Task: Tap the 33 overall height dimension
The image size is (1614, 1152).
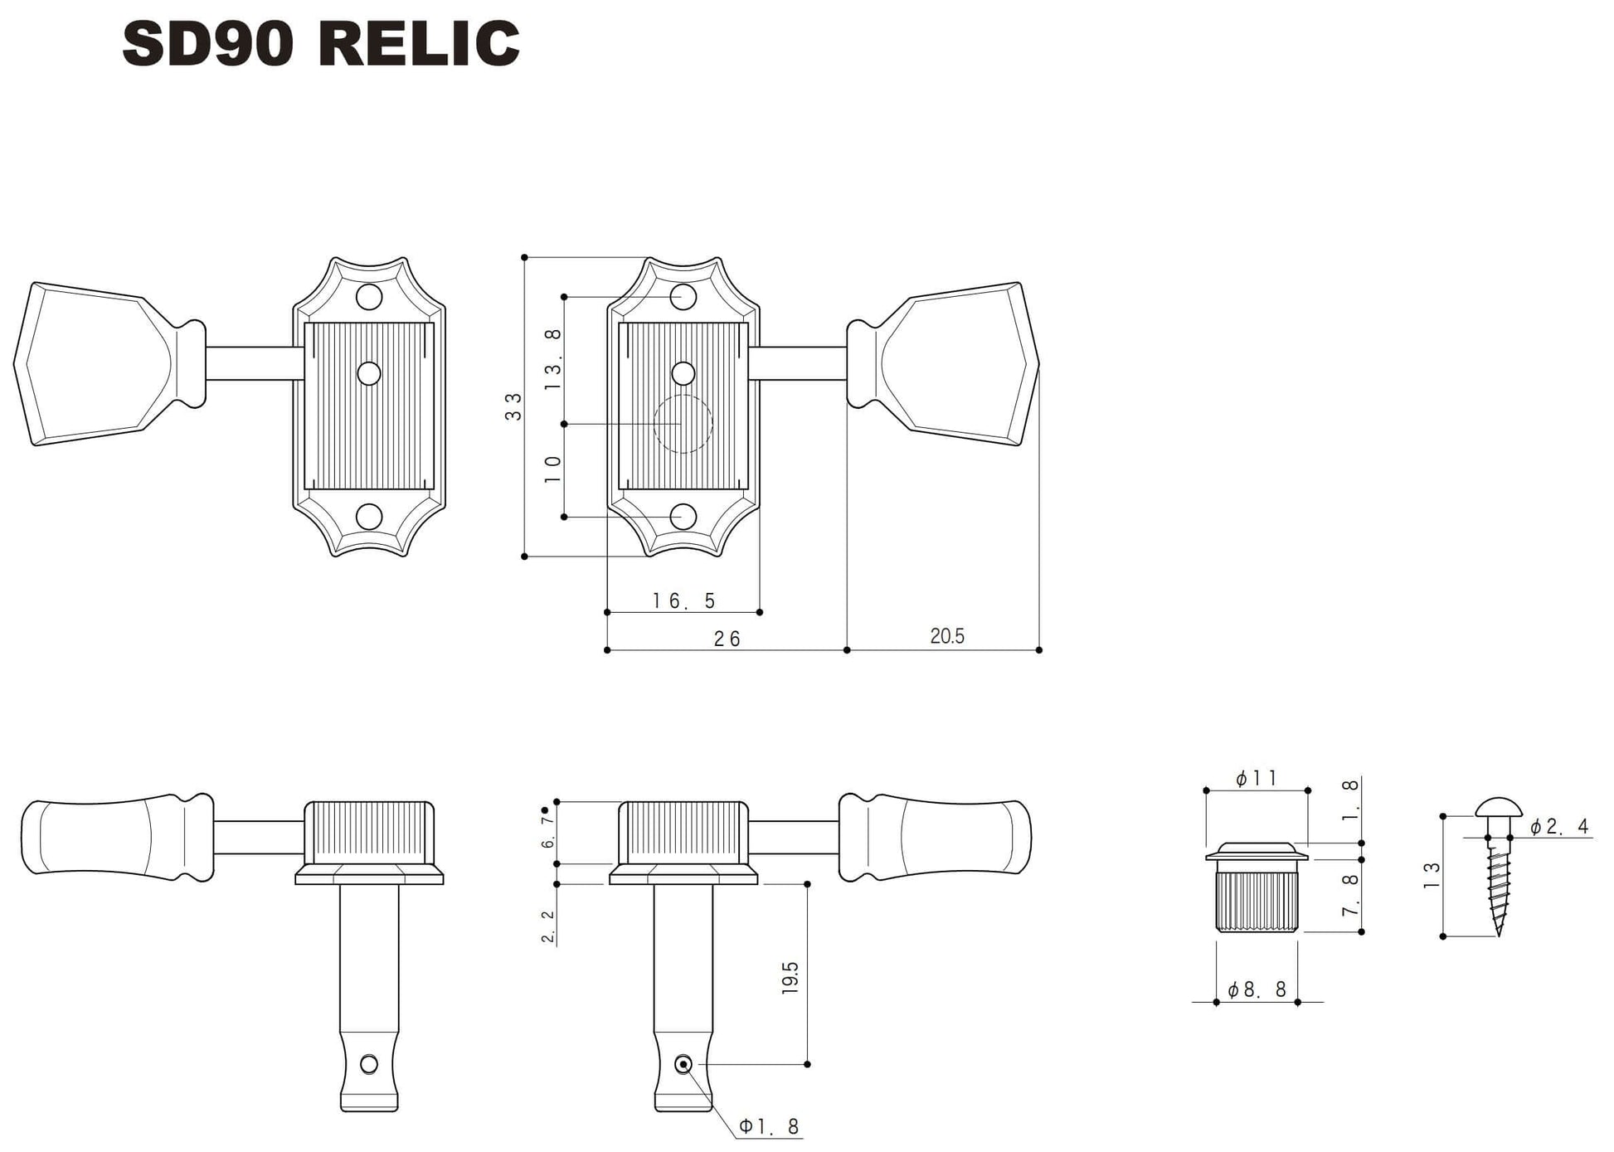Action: [513, 406]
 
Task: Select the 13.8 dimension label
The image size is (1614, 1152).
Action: [553, 360]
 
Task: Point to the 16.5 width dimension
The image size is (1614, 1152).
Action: [683, 600]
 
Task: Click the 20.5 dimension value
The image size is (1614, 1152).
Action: [946, 636]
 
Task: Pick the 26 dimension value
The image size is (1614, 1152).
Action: [727, 639]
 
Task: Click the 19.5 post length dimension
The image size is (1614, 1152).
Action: [790, 978]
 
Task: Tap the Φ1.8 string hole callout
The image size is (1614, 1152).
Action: [769, 1126]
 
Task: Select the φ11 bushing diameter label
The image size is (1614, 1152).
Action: [1257, 778]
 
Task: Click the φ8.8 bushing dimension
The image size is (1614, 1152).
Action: [1257, 989]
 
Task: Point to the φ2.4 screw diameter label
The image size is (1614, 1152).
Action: [1558, 827]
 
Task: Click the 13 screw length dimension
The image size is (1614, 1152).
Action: [1432, 876]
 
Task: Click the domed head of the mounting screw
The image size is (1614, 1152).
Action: [1499, 807]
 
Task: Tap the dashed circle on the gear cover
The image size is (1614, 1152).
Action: [683, 424]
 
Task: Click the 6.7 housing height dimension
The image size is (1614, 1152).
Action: [548, 832]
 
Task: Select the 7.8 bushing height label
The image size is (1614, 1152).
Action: [1350, 895]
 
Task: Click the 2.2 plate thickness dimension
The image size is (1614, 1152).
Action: [548, 926]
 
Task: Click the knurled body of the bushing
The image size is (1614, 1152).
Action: [1257, 901]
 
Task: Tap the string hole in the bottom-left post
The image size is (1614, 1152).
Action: [369, 1064]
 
